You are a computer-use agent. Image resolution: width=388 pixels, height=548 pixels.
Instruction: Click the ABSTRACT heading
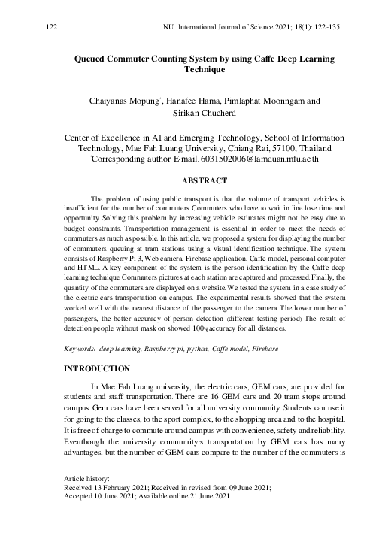point(194,180)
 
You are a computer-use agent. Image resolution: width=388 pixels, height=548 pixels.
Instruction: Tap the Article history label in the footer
point(67,478)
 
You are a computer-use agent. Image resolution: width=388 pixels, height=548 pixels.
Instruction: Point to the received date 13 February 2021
point(100,487)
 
